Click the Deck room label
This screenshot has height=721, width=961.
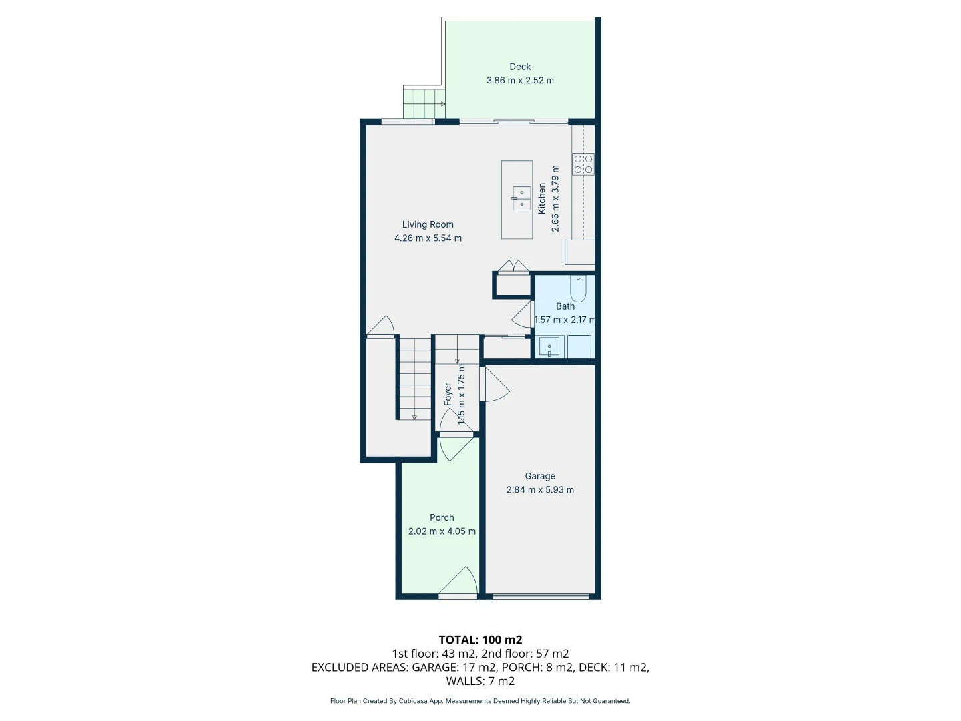click(520, 67)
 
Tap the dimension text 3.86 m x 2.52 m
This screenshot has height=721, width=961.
click(520, 81)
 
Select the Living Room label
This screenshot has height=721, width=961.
click(428, 225)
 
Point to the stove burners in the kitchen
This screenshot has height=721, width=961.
click(583, 164)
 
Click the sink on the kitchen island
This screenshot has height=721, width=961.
click(521, 198)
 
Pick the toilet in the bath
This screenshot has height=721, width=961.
click(578, 288)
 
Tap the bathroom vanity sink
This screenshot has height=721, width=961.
click(549, 348)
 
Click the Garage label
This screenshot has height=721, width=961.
click(540, 477)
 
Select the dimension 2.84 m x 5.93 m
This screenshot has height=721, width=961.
click(540, 490)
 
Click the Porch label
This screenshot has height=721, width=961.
click(442, 518)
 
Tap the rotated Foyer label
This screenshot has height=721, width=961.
click(448, 394)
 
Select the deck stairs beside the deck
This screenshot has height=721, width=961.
click(423, 103)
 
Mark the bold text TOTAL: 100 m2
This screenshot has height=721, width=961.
click(480, 640)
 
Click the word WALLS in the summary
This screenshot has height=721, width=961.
click(464, 681)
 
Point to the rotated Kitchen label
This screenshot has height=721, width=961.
click(542, 198)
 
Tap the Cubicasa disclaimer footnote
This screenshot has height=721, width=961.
click(480, 701)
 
